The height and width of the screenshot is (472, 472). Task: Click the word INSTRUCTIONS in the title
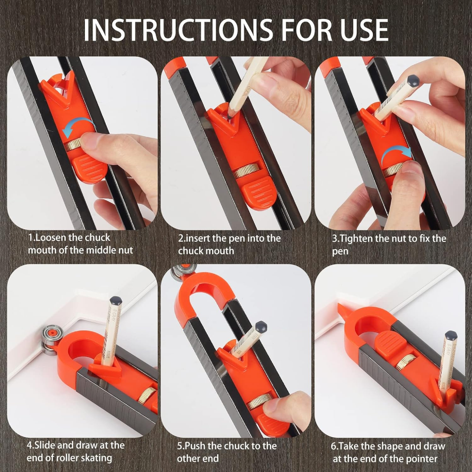(178, 30)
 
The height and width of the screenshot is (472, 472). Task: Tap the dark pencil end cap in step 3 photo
(412, 81)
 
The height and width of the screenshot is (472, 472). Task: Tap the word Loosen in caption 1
(51, 237)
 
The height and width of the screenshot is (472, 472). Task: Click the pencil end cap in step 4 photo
(116, 300)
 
